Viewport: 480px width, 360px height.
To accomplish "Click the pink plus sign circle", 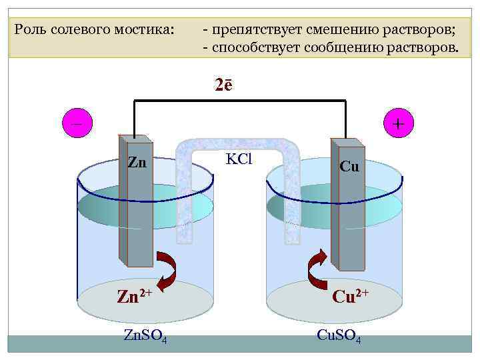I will click(398, 124).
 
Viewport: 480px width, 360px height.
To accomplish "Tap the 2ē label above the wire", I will click(224, 85).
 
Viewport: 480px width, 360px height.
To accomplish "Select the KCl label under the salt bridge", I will click(239, 159).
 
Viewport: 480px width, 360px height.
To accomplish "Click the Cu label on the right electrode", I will click(349, 167).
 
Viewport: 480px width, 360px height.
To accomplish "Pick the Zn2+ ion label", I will click(135, 295).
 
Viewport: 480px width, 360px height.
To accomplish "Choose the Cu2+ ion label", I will click(350, 295).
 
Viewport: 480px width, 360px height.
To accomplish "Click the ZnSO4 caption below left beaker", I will click(145, 335).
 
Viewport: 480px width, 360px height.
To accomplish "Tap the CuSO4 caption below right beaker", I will click(339, 335).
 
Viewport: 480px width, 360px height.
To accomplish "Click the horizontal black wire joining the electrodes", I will click(240, 101).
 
